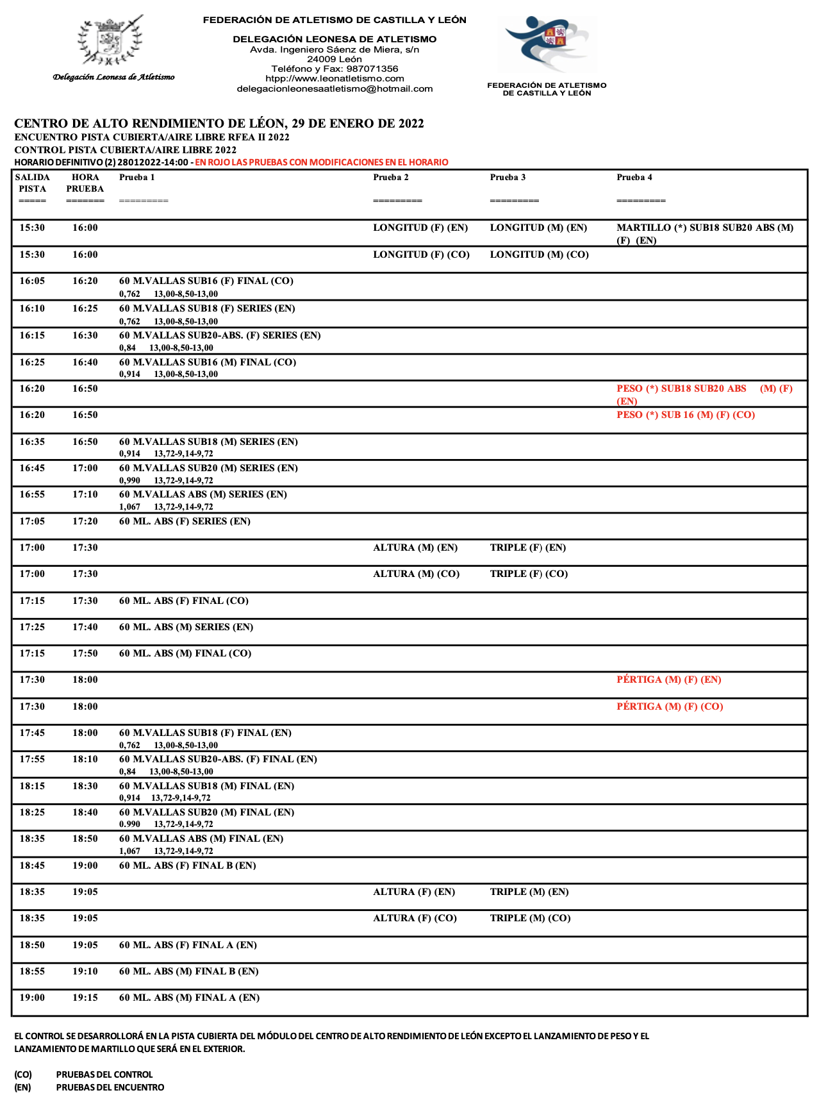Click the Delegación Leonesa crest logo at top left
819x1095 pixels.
point(110,42)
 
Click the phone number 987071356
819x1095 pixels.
point(372,69)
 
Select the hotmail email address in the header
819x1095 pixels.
point(335,88)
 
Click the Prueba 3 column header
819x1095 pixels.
point(508,178)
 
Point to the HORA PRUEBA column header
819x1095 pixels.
point(85,183)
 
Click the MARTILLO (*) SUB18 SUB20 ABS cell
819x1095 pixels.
point(704,228)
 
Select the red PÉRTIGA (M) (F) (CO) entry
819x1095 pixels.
point(670,706)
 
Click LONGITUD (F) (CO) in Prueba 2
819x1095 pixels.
point(421,255)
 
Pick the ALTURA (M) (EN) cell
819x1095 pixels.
point(415,547)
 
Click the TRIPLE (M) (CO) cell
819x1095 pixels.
point(530,918)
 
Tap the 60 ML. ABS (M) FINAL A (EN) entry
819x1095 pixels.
point(189,998)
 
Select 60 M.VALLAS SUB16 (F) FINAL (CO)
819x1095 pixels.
point(206,281)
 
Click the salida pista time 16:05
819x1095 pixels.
point(32,281)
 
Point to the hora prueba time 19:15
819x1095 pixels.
point(85,998)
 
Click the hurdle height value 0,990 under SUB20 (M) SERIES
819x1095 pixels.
point(129,480)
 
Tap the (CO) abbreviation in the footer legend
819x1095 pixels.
point(23,1074)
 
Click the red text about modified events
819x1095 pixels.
point(322,162)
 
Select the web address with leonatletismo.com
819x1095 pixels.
point(335,78)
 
